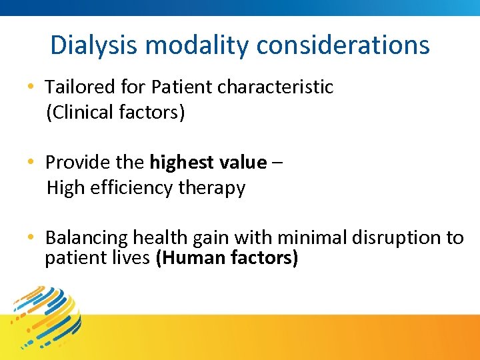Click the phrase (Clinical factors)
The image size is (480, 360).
(115, 112)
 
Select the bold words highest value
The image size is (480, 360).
(208, 163)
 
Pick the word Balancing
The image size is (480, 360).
(86, 238)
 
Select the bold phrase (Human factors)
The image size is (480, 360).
(227, 258)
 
